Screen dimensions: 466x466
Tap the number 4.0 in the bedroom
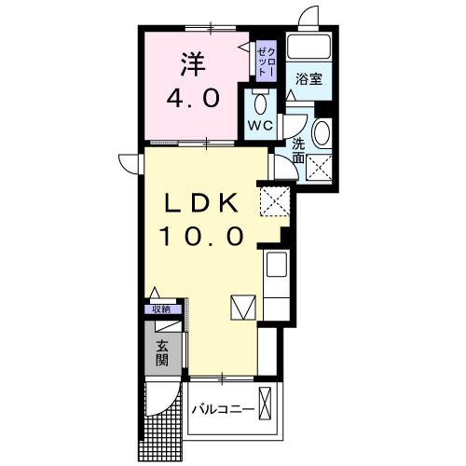coord(193,98)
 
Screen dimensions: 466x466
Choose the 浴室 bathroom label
coord(310,79)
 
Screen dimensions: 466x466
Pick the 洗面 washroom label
coord(298,151)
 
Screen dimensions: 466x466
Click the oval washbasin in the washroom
coord(322,133)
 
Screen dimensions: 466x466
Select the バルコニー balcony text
coord(224,409)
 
